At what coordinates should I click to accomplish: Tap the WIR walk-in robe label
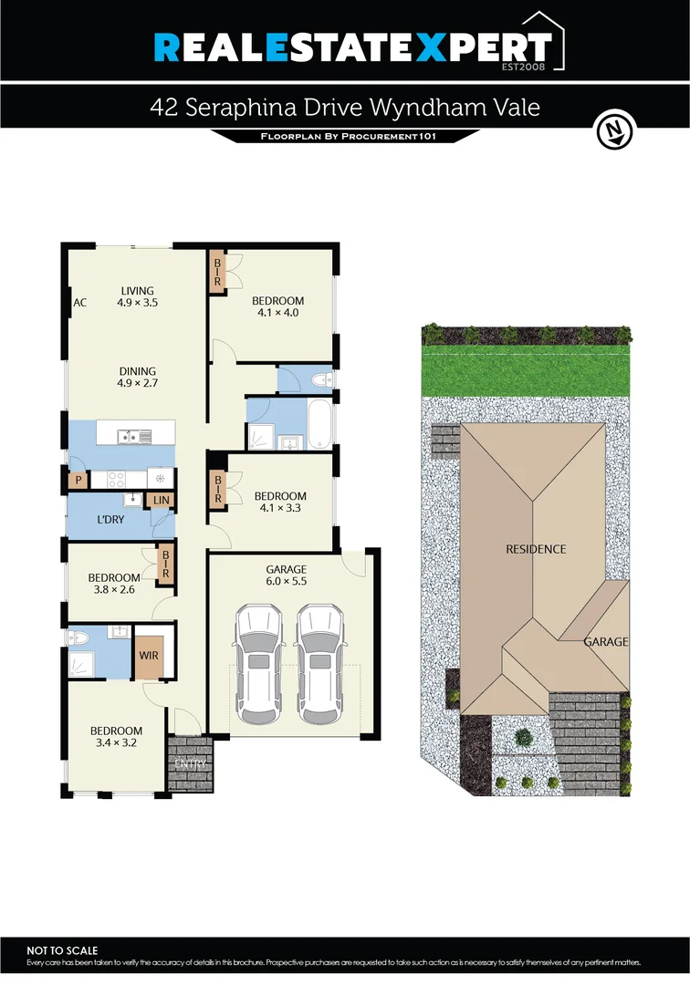(x=148, y=655)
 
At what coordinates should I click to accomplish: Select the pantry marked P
(x=78, y=479)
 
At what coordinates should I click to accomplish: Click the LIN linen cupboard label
(x=162, y=500)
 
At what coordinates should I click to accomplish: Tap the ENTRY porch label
(x=191, y=762)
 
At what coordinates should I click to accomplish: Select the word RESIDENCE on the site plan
(x=536, y=549)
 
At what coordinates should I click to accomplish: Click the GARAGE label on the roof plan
(x=606, y=642)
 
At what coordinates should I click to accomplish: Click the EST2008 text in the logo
(x=527, y=67)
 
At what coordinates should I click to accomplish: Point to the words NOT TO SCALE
(x=62, y=950)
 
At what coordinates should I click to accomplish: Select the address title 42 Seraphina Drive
(x=345, y=108)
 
